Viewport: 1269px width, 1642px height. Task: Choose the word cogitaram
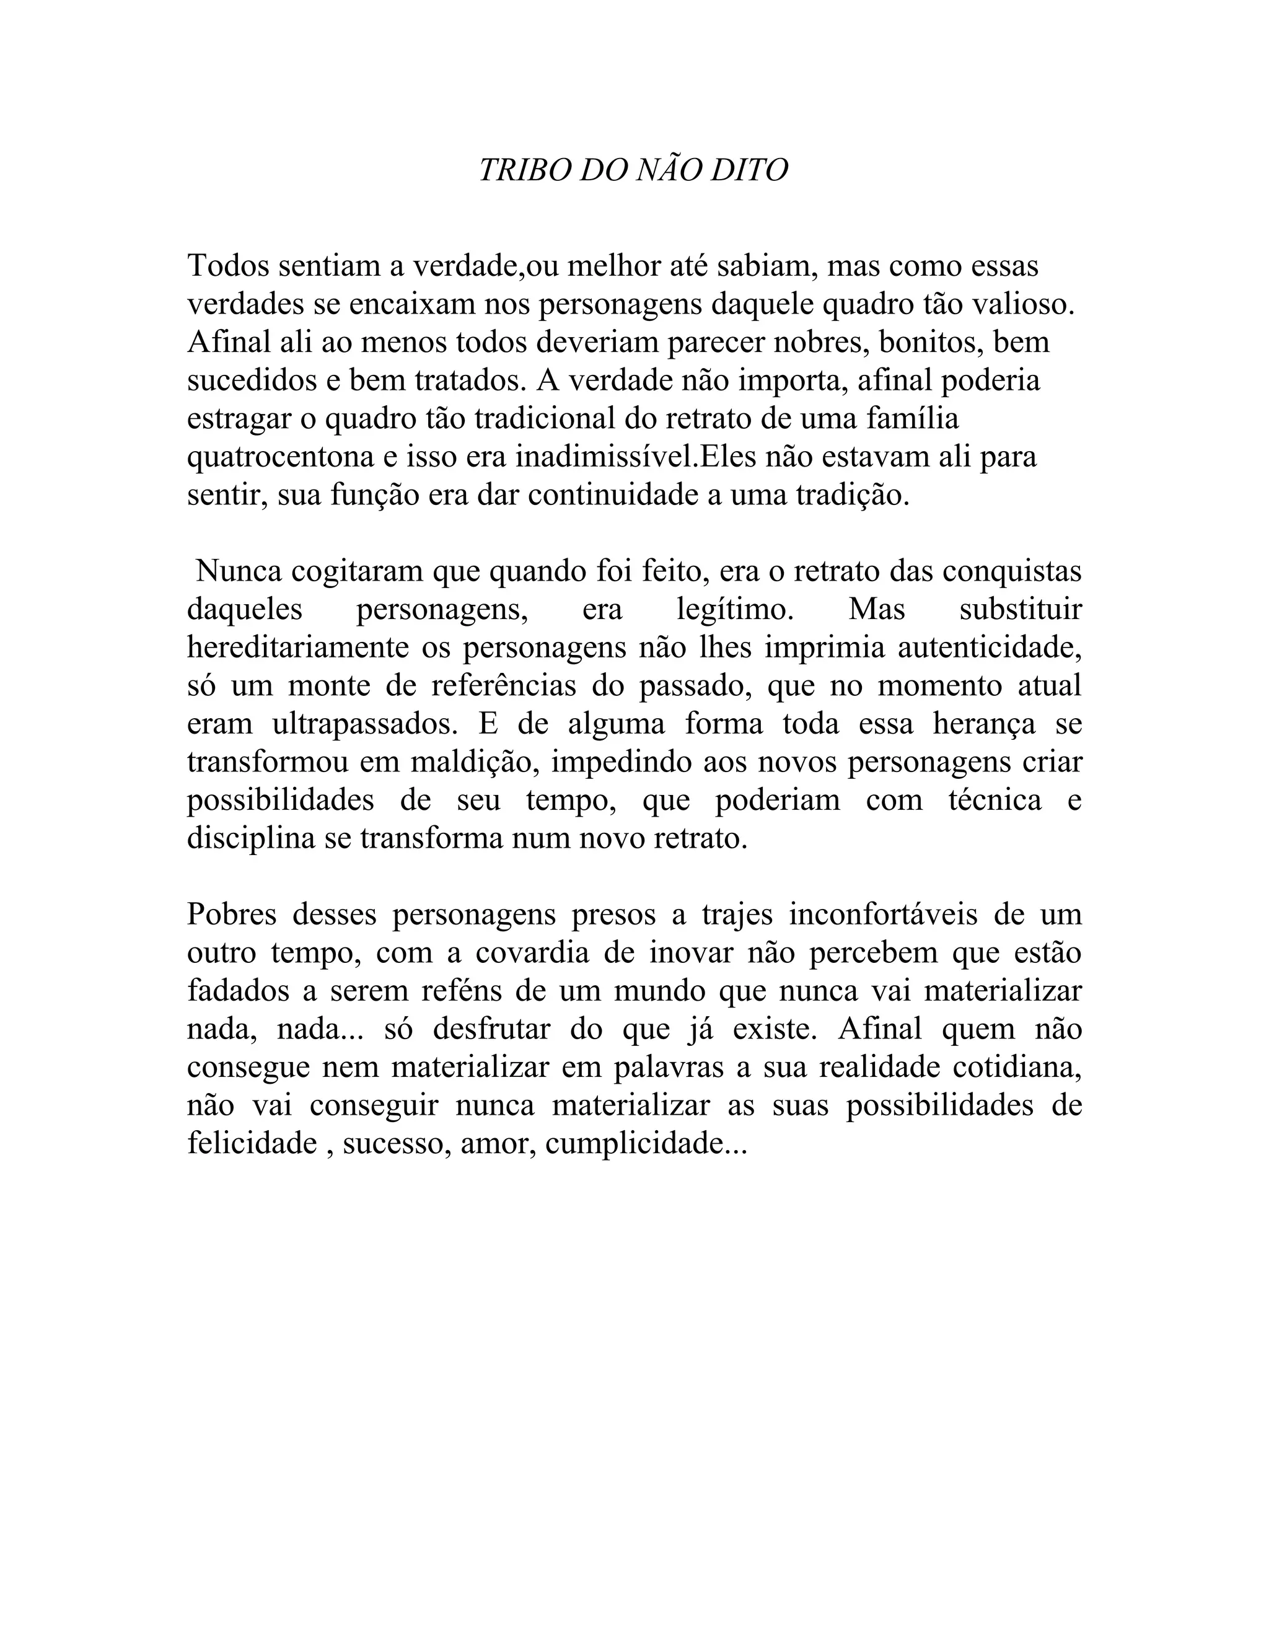click(356, 572)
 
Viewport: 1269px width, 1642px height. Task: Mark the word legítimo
click(734, 610)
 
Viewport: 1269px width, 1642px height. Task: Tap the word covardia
click(533, 954)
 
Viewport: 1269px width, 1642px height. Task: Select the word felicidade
click(252, 1144)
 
